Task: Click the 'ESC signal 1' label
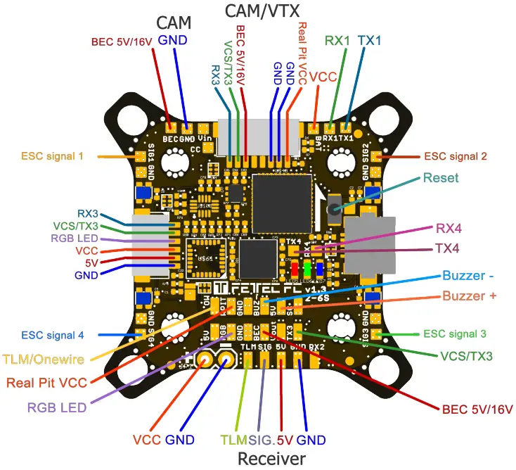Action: [53, 155]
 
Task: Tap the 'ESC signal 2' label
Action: [454, 156]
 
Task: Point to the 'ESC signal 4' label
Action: [53, 335]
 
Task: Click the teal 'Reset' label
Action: [441, 178]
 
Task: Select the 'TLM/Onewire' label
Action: [44, 360]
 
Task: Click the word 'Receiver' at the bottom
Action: [271, 459]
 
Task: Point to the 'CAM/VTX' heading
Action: [259, 12]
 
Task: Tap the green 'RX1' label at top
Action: [337, 41]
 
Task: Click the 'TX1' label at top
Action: [370, 41]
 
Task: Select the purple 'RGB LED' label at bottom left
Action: [57, 407]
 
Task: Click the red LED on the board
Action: [294, 269]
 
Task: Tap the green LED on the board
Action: [307, 269]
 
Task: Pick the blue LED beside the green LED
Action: [320, 269]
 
